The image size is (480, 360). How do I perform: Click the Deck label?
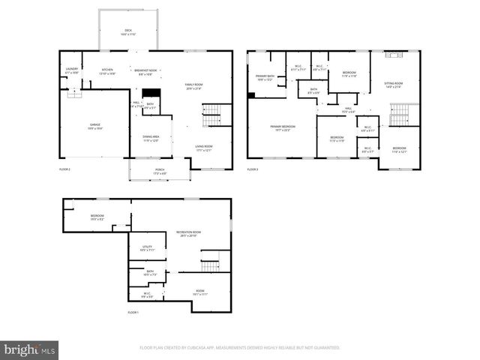(127, 32)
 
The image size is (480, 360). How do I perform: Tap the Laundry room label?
(72, 70)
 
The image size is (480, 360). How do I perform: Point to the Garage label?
(95, 126)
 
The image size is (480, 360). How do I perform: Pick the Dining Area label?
(151, 139)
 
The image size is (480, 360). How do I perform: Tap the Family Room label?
(193, 86)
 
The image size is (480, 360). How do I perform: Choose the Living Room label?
(204, 148)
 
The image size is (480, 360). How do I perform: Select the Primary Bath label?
(265, 78)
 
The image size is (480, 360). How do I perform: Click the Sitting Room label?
(393, 85)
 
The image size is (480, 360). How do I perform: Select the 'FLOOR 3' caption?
(253, 170)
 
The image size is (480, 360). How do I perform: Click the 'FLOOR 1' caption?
(133, 311)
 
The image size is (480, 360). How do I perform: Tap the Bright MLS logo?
(29, 349)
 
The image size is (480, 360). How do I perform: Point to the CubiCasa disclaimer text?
(240, 347)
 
